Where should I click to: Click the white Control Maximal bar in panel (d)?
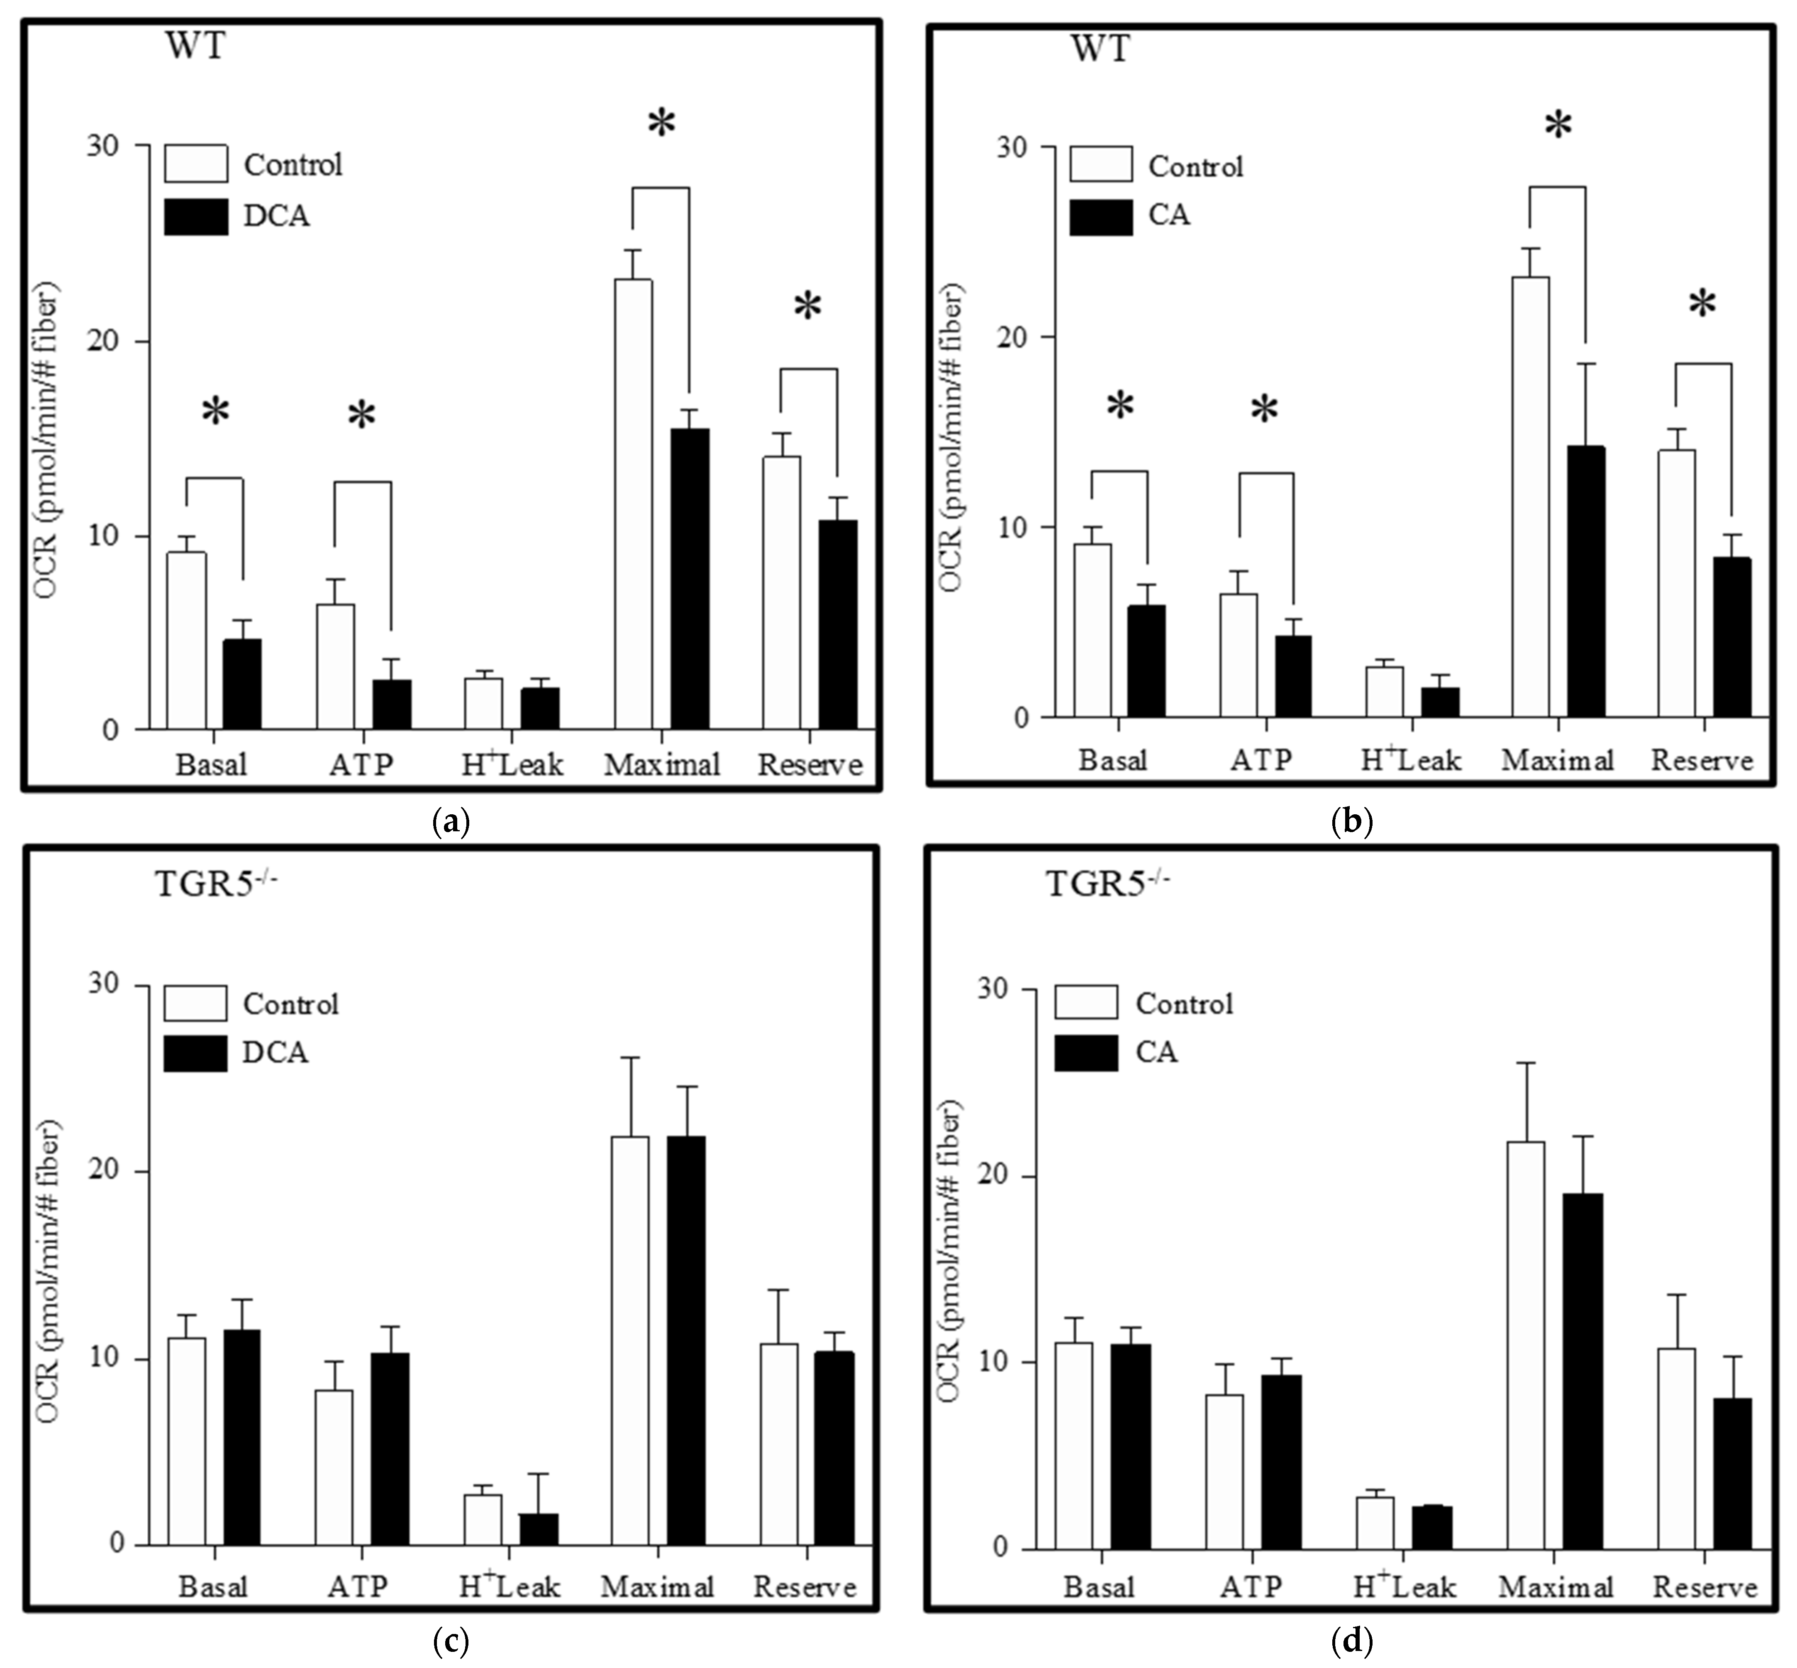[1525, 1345]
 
